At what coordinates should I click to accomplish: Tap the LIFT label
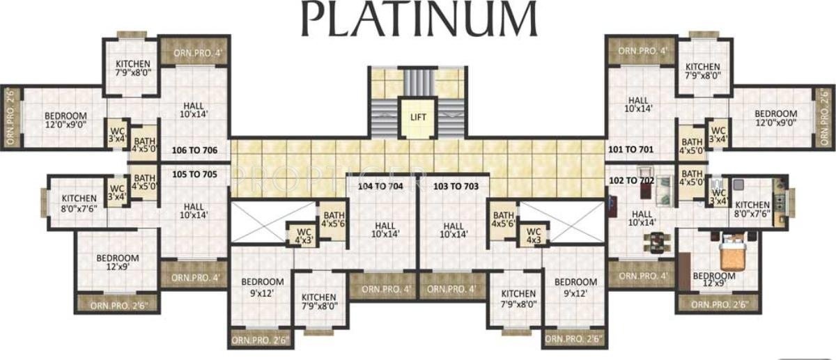(x=418, y=117)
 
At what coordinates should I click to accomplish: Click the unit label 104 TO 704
(x=380, y=187)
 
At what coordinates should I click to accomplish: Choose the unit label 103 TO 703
(x=456, y=187)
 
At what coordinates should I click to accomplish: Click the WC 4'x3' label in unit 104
(x=302, y=235)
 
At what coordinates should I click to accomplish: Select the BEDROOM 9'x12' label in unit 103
(x=575, y=287)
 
